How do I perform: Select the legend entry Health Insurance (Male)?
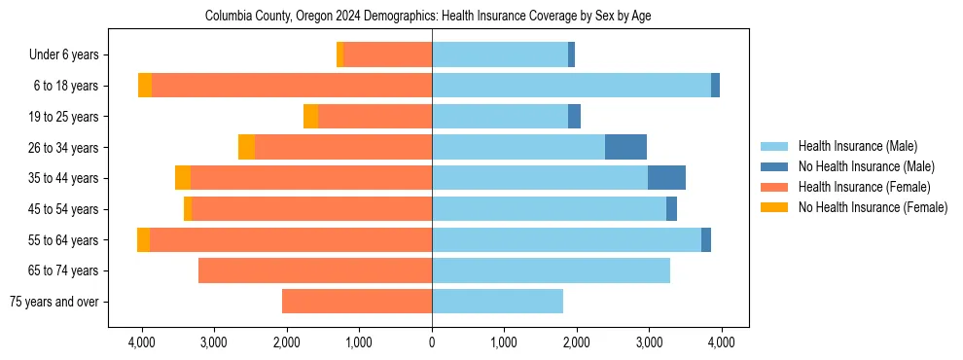[857, 146]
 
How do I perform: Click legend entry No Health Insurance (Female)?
[873, 207]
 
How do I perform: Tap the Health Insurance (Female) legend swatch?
[776, 187]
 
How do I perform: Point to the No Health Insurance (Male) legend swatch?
[776, 166]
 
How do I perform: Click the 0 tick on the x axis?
[432, 342]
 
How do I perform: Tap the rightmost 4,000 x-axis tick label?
[721, 342]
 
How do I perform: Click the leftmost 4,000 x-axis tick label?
[142, 342]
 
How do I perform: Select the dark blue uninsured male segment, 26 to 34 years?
[625, 147]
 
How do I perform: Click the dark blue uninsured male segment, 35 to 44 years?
[666, 178]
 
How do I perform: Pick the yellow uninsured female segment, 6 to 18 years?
[145, 86]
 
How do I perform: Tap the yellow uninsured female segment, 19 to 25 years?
[310, 117]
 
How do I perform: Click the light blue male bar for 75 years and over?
[497, 302]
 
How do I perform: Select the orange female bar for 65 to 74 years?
[315, 270]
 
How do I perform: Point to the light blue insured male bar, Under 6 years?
[500, 55]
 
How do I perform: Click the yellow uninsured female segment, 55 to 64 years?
[143, 239]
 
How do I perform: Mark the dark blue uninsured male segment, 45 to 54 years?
[671, 209]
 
